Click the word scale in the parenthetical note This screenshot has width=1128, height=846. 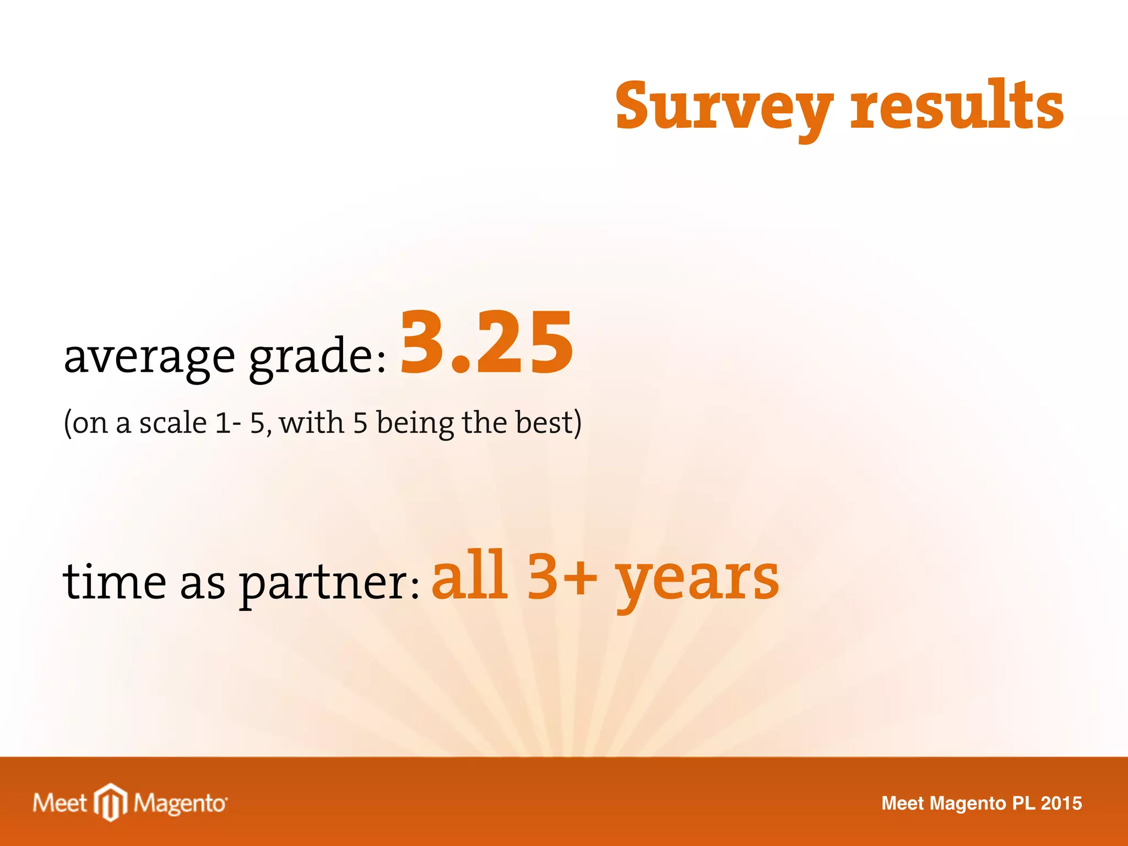point(172,423)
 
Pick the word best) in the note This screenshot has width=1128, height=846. point(548,423)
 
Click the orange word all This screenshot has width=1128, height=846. point(469,576)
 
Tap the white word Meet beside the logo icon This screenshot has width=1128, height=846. point(59,803)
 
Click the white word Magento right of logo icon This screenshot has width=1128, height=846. point(180,803)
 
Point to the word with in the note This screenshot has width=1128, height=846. point(312,423)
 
